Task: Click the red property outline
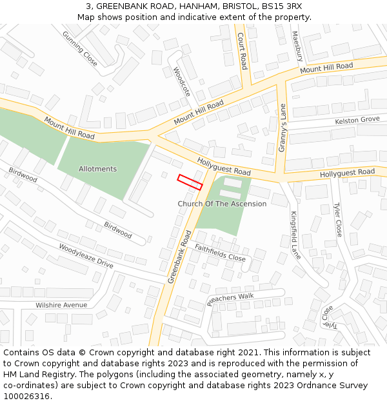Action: pos(190,182)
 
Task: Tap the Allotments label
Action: pos(97,169)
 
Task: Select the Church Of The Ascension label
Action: pos(222,204)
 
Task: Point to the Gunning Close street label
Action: pos(80,48)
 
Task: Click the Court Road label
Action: pos(242,51)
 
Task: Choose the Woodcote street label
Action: pos(182,82)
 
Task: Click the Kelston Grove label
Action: pos(357,121)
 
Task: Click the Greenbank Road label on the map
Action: pos(180,257)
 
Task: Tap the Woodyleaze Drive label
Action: pos(86,256)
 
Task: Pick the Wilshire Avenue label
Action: pos(61,305)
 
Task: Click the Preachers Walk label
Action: pos(230,300)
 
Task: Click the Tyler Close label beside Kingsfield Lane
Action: pos(337,220)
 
